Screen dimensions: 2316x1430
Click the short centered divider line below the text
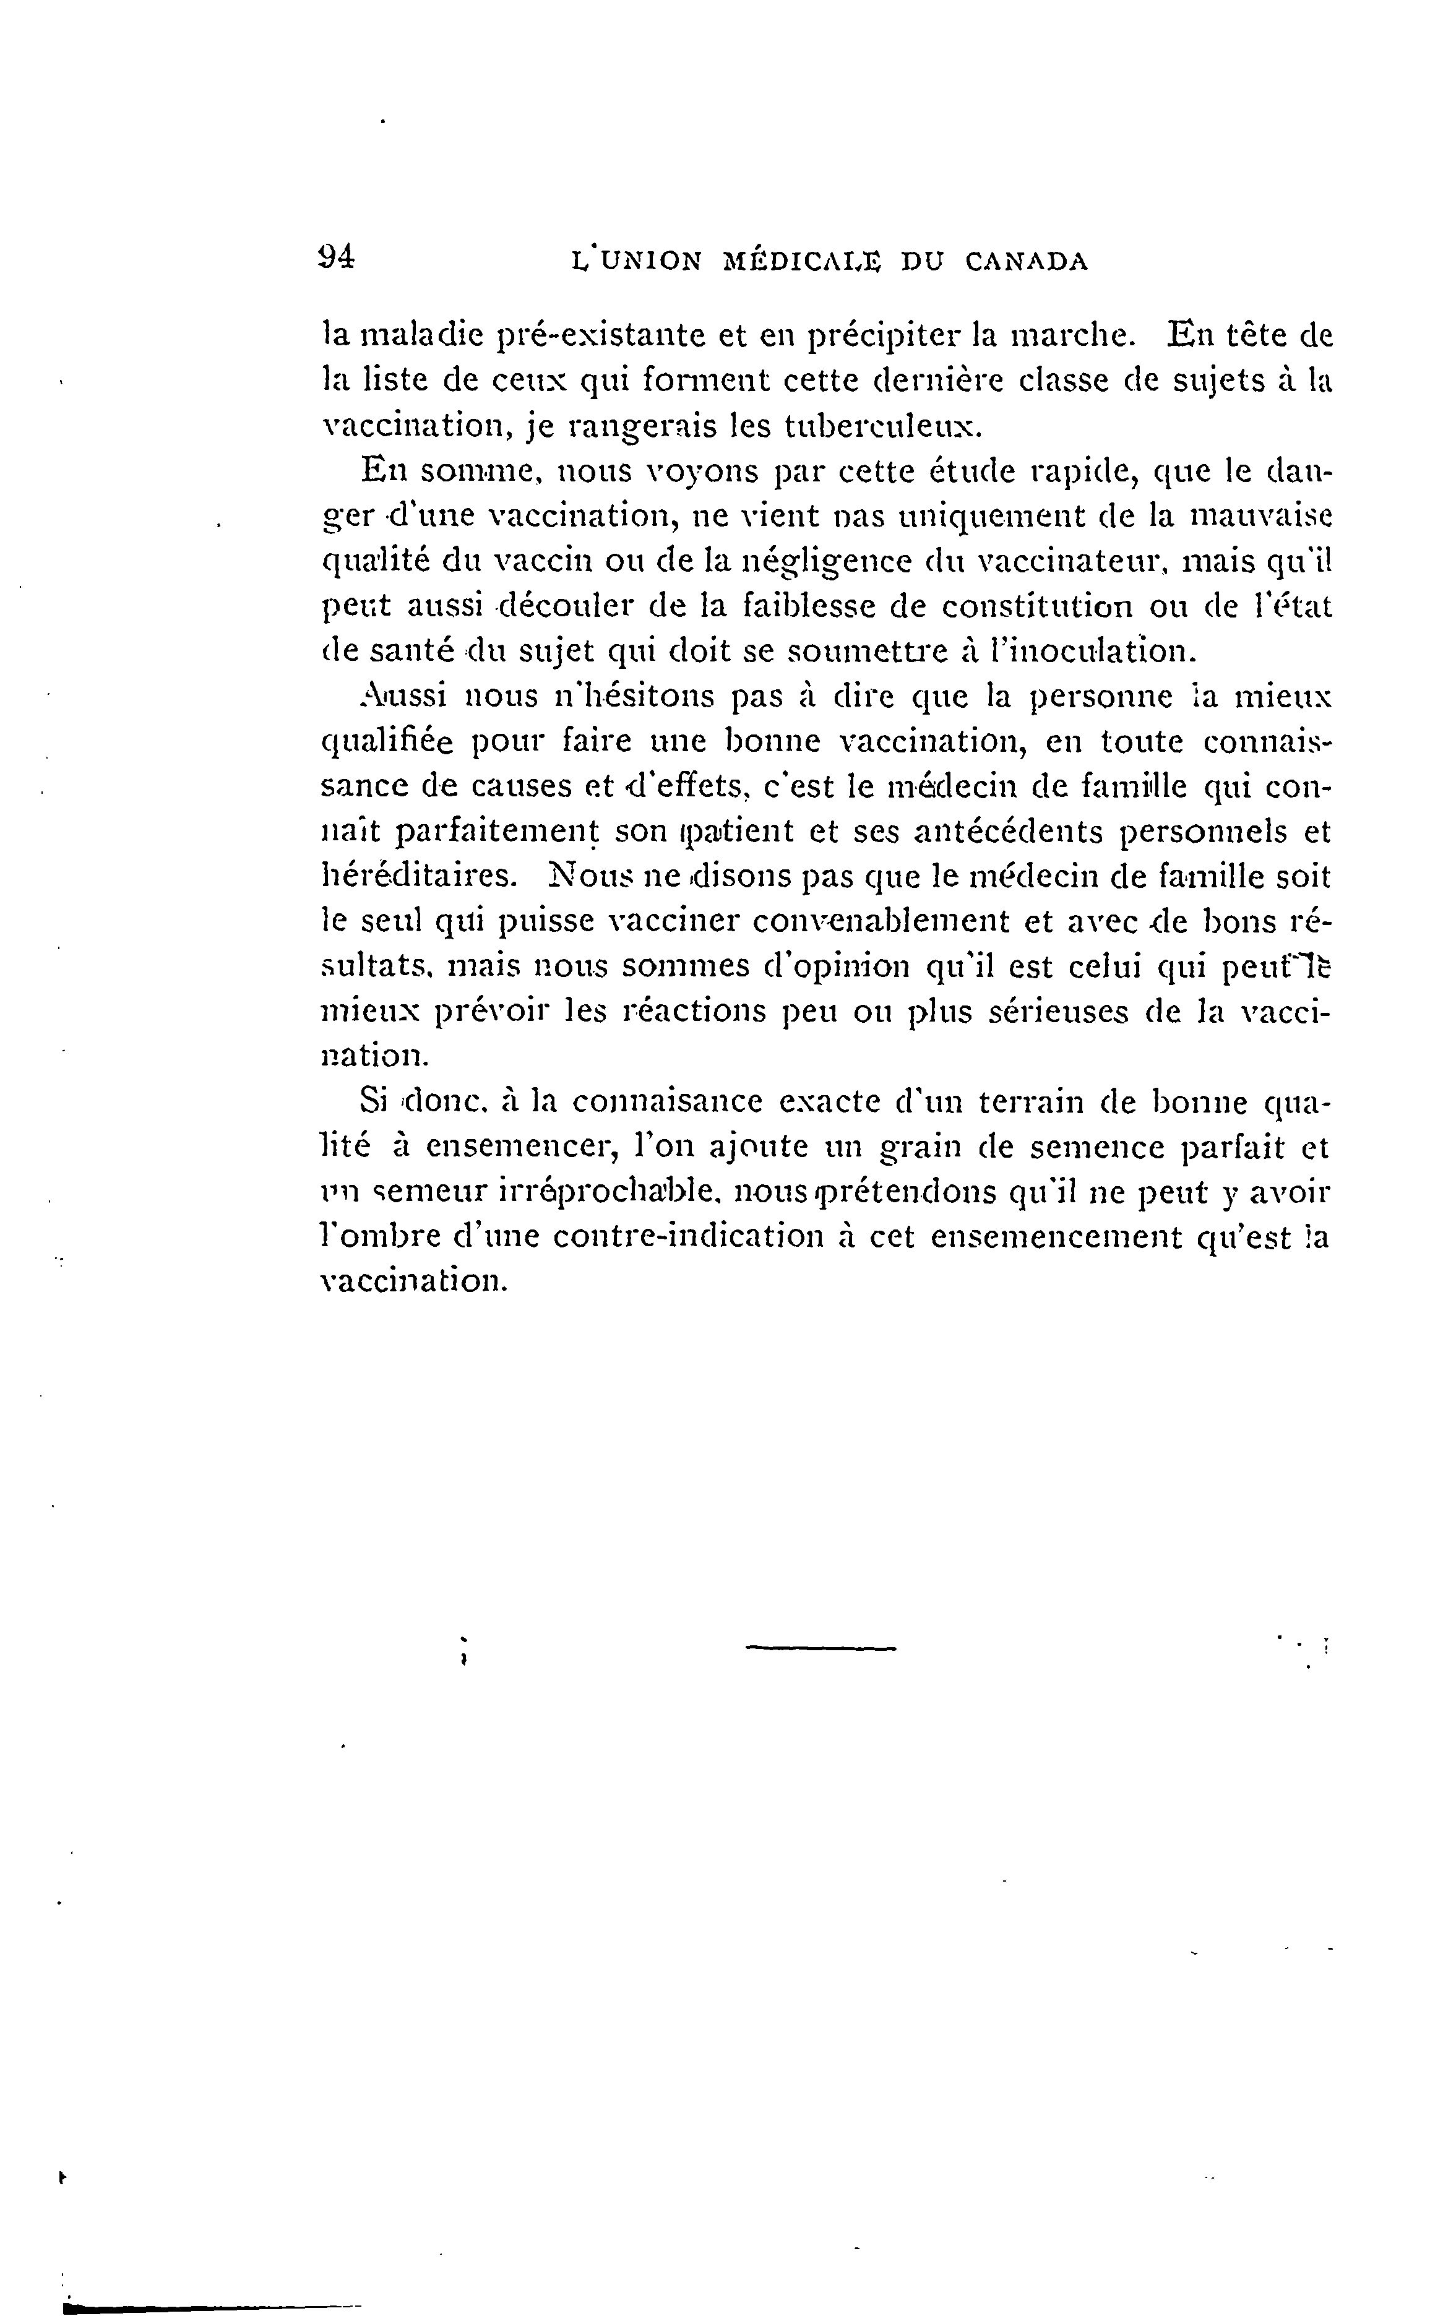pos(820,1650)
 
